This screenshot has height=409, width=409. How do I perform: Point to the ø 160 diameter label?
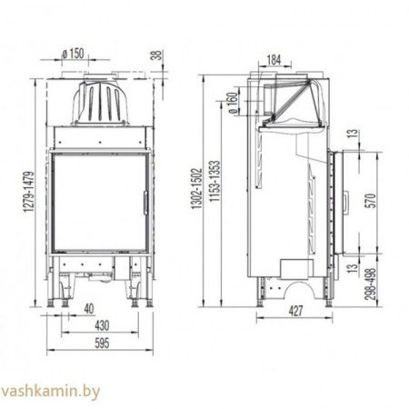point(233,104)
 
